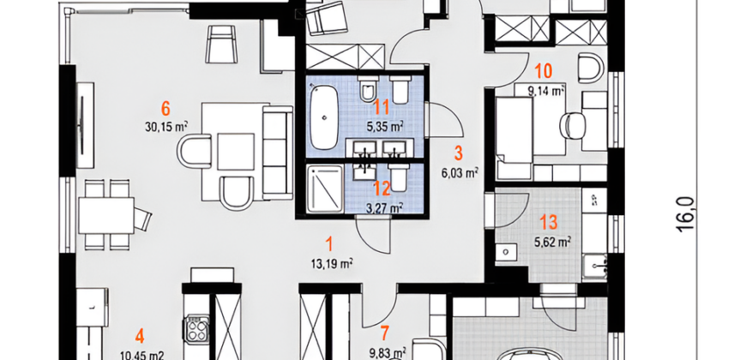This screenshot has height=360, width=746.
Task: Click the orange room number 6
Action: (165, 108)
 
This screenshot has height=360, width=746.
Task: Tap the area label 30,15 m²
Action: (166, 127)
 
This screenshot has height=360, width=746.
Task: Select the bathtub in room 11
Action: (324, 116)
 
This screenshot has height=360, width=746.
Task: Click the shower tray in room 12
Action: (325, 189)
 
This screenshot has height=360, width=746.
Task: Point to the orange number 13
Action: (549, 222)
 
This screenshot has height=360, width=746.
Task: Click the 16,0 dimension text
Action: (687, 214)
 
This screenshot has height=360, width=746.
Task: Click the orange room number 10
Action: (544, 71)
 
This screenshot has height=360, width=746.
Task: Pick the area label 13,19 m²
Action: (331, 263)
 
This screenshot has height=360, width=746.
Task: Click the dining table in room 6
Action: (106, 215)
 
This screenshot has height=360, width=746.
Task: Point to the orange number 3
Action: (458, 153)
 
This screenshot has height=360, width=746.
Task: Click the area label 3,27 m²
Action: (385, 207)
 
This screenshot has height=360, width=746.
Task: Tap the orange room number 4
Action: (140, 337)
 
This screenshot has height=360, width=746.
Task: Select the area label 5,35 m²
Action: (385, 127)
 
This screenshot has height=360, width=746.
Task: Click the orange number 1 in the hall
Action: (329, 244)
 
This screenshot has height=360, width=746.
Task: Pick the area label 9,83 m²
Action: (388, 352)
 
